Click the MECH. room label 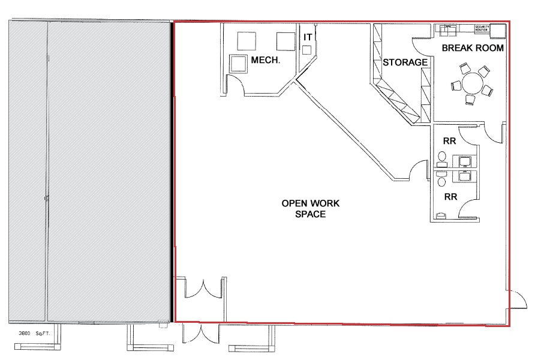(x=266, y=60)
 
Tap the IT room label (x=308, y=37)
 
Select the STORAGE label (x=405, y=62)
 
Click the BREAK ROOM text (x=473, y=48)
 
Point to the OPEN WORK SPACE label (x=311, y=208)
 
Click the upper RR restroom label (x=449, y=142)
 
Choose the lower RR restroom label (x=450, y=196)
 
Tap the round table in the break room (x=474, y=82)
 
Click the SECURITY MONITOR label (x=482, y=28)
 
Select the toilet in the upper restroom (x=442, y=157)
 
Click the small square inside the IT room (x=307, y=50)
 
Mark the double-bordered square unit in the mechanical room (x=239, y=62)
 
